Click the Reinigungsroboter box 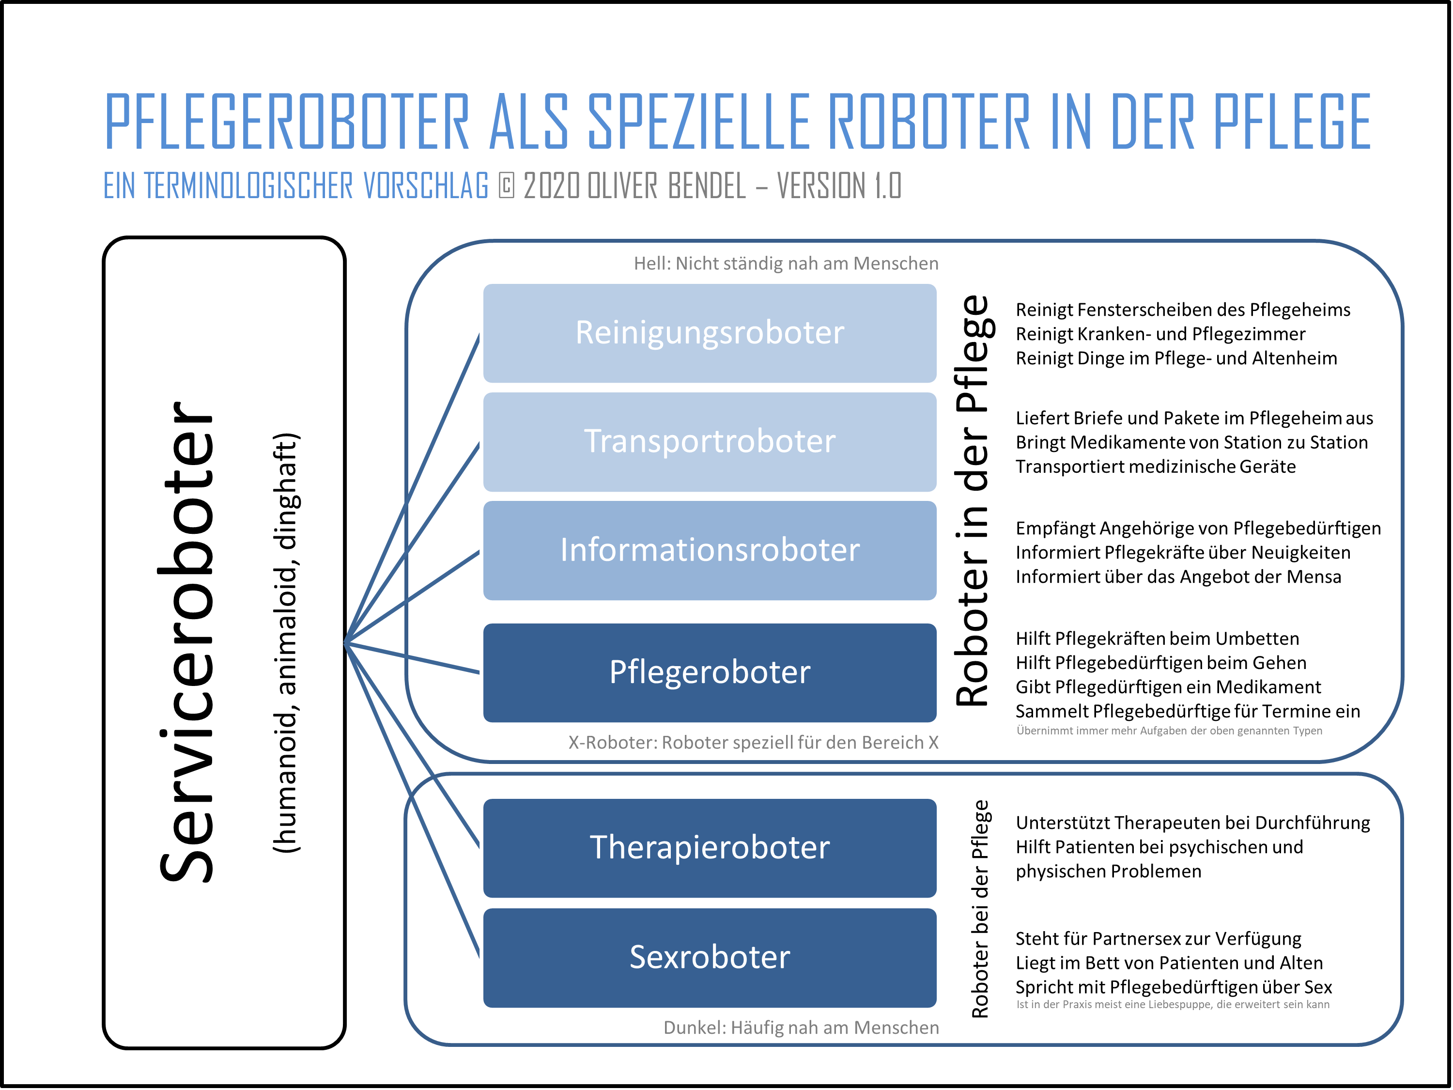click(710, 333)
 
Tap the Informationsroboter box click(710, 551)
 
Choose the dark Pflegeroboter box click(710, 673)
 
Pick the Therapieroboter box click(710, 848)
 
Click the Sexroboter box click(710, 958)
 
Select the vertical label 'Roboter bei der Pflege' click(980, 909)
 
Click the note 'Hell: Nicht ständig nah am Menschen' click(786, 264)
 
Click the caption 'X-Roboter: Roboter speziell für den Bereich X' click(754, 743)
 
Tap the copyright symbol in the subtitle click(507, 186)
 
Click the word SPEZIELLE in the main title click(699, 122)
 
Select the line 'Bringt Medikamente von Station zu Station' click(1191, 443)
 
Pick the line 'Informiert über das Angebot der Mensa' click(1178, 577)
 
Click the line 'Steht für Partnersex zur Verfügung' click(1159, 939)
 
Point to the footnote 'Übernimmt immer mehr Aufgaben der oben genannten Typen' click(1169, 731)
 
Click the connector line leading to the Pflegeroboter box click(414, 658)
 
